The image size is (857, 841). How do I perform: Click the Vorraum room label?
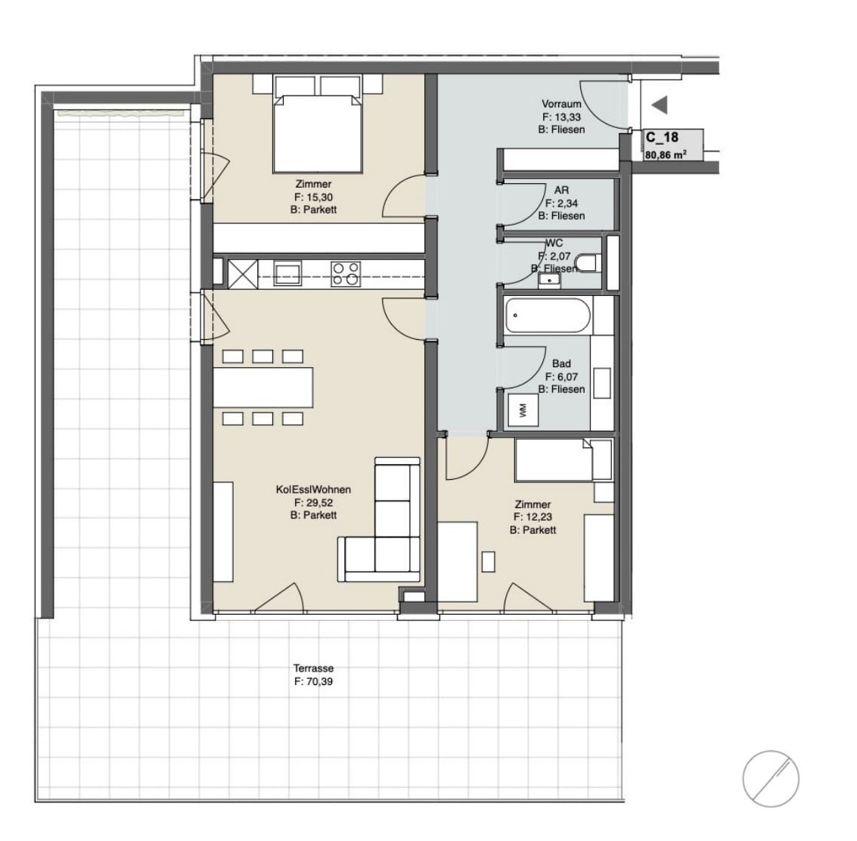pyautogui.click(x=561, y=104)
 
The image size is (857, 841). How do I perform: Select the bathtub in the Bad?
pyautogui.click(x=548, y=316)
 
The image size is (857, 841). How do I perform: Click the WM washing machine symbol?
pyautogui.click(x=523, y=410)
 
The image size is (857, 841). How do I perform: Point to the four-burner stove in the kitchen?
pyautogui.click(x=346, y=274)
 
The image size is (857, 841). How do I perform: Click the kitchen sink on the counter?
pyautogui.click(x=287, y=273)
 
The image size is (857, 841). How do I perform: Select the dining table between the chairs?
pyautogui.click(x=263, y=388)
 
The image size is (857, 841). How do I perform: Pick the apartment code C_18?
pyautogui.click(x=662, y=138)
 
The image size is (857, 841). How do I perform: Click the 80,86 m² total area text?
pyautogui.click(x=666, y=154)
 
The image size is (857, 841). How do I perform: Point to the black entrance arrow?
pyautogui.click(x=660, y=105)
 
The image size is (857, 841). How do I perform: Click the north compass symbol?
pyautogui.click(x=771, y=778)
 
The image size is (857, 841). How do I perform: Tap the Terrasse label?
pyautogui.click(x=313, y=668)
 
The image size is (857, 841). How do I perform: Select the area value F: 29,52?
pyautogui.click(x=313, y=503)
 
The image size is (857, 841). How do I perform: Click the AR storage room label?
pyautogui.click(x=561, y=190)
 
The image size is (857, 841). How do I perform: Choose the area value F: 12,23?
pyautogui.click(x=533, y=517)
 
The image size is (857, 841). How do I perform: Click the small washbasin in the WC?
pyautogui.click(x=548, y=280)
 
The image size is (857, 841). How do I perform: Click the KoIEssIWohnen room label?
pyautogui.click(x=313, y=490)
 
